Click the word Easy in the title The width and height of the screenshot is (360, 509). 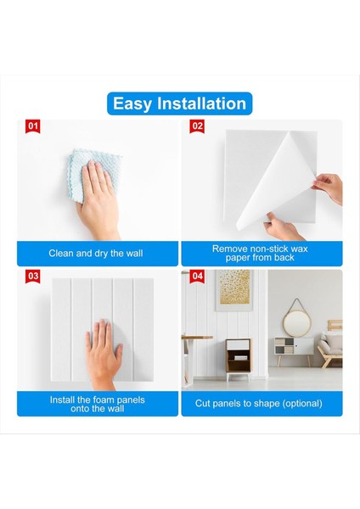132,104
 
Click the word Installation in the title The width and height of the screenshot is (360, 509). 201,103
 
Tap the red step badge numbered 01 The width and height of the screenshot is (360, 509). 33,126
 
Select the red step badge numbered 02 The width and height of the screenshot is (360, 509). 197,126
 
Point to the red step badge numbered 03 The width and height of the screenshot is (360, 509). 33,277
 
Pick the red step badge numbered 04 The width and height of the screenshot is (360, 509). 197,277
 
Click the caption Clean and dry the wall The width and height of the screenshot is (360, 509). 96,253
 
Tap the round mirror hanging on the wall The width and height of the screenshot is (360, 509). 296,322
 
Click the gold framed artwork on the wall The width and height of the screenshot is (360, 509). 234,289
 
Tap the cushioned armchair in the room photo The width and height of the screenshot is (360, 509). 330,350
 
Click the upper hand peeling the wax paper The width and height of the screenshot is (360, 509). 328,188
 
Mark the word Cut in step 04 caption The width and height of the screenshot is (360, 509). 203,403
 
